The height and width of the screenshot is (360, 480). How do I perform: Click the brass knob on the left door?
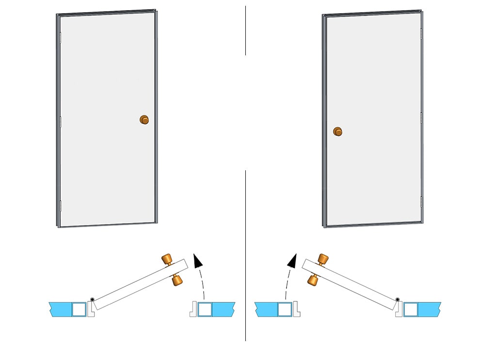point(144,119)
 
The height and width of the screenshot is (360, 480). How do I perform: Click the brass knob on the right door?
point(337,131)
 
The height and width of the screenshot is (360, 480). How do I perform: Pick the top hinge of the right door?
point(421,33)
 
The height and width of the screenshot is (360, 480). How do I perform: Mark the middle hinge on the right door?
point(422,116)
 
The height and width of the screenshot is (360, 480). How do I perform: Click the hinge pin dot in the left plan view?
point(92,299)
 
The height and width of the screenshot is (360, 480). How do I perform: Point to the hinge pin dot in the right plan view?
point(398,299)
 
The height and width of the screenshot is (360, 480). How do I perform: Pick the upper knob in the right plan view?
point(321,260)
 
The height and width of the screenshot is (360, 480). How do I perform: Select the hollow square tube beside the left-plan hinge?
point(79,309)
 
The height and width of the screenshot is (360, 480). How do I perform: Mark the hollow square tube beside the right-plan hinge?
point(410,309)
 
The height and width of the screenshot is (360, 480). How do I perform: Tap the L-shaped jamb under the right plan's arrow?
point(295,309)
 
